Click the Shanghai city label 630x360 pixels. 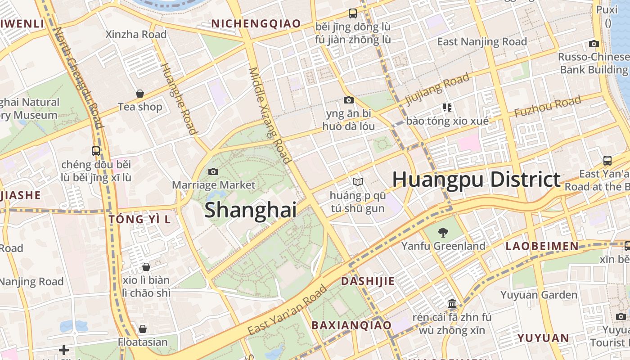251,211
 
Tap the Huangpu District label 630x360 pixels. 476,180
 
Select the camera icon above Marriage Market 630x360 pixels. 213,171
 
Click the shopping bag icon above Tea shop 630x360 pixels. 140,94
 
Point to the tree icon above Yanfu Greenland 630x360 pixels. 443,233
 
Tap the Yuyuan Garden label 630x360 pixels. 539,295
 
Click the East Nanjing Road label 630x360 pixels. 482,42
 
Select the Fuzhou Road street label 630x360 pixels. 548,107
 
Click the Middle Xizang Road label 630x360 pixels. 270,115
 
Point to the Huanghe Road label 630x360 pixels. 179,99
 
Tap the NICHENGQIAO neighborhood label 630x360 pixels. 256,24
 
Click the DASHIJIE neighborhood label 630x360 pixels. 368,281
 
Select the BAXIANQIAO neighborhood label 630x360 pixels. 351,325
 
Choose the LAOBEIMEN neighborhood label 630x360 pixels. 542,246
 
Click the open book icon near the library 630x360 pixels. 358,182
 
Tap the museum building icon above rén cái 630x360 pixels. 452,303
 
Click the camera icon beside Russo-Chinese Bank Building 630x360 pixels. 594,44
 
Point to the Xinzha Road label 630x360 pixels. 136,35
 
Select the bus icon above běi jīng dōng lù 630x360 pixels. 353,13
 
